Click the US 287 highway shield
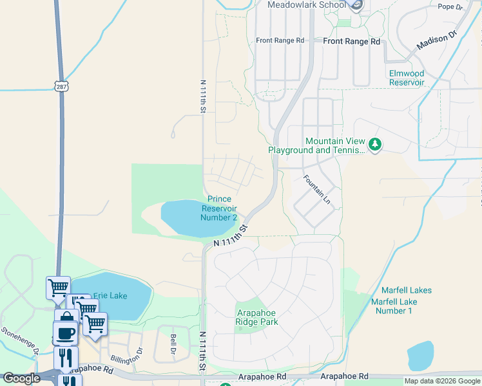(x=61, y=86)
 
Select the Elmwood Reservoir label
(x=407, y=78)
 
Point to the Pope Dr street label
(x=450, y=7)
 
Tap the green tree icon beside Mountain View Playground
(x=375, y=145)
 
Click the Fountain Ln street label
(x=317, y=191)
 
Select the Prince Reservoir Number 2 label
(x=218, y=208)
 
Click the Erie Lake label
(x=110, y=296)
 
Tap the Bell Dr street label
(x=173, y=344)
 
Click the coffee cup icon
(x=65, y=333)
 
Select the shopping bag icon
(x=66, y=318)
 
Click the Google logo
(x=21, y=378)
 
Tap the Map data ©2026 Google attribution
(x=442, y=381)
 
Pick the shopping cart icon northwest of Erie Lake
(x=58, y=286)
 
